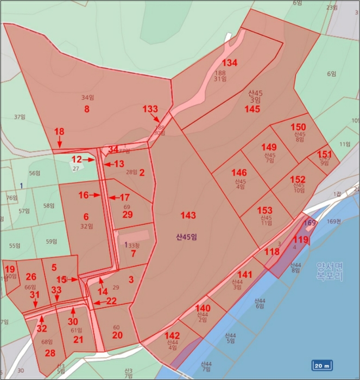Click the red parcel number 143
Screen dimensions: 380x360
(x=188, y=216)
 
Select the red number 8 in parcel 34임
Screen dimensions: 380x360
(x=86, y=109)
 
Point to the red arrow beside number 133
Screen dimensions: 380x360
(x=156, y=119)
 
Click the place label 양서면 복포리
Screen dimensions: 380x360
(x=330, y=271)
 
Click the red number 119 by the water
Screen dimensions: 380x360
(x=300, y=239)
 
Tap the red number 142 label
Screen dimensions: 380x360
(x=172, y=336)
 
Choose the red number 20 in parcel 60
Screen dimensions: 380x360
(x=117, y=335)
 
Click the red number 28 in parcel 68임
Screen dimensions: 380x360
(x=50, y=353)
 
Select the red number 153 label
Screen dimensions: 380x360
(x=264, y=211)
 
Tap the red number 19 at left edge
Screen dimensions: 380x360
(x=10, y=269)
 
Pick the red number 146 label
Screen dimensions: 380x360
(x=239, y=173)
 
